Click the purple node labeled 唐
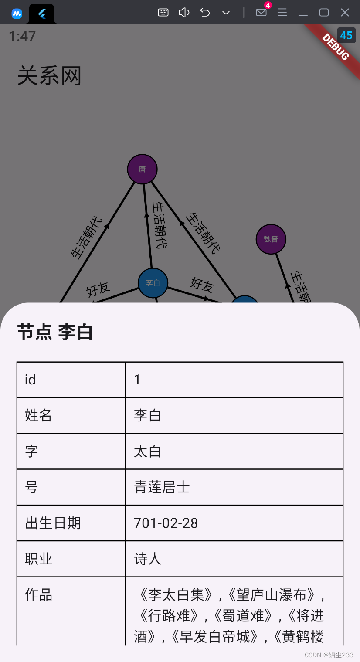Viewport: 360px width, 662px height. (x=142, y=169)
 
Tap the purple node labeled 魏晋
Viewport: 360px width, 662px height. (x=271, y=239)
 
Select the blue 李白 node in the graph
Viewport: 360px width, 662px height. (x=153, y=283)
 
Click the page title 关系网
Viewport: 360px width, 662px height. (x=49, y=76)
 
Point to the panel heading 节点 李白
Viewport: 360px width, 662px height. (x=55, y=333)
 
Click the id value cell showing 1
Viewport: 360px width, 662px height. (x=137, y=380)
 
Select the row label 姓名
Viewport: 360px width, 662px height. (x=38, y=415)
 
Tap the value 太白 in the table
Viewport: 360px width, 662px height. (x=147, y=451)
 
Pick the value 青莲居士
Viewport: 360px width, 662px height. (x=162, y=487)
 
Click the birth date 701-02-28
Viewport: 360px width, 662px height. (x=166, y=523)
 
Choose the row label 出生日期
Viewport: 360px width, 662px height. (x=53, y=523)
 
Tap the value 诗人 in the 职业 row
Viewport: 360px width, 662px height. (x=147, y=559)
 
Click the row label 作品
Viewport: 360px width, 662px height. (x=38, y=594)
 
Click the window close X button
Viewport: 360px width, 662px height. (x=345, y=13)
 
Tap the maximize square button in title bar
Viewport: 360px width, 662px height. (x=324, y=13)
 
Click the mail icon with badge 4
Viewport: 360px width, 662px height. (x=262, y=12)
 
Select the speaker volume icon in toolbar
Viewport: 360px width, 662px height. (x=184, y=13)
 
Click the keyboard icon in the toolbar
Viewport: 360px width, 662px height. (x=163, y=13)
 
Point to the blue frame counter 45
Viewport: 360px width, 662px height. (x=346, y=35)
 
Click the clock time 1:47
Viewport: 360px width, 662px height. (x=22, y=36)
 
